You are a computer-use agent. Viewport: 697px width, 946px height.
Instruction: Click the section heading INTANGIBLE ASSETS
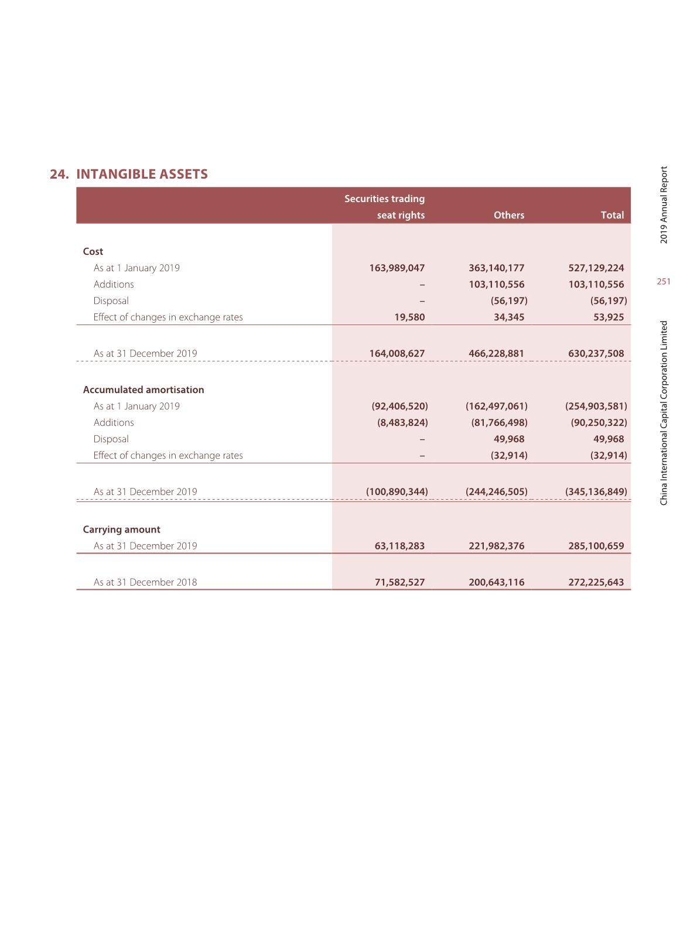tap(142, 174)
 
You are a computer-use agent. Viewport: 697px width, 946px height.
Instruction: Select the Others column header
tap(508, 215)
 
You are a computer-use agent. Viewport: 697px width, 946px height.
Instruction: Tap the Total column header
tap(612, 215)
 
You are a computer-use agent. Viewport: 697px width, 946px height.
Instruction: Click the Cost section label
tap(93, 251)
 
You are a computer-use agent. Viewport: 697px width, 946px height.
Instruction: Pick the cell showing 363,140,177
tap(496, 268)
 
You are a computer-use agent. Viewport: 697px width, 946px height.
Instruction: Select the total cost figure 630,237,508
tap(596, 353)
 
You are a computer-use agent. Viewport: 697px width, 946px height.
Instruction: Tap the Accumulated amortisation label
tap(143, 390)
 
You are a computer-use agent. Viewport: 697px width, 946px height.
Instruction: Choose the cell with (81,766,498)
tap(499, 422)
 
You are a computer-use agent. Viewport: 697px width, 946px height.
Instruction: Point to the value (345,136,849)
tap(596, 491)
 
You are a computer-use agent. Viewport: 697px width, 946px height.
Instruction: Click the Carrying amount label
tap(121, 530)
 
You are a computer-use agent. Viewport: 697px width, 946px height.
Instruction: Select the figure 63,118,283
tap(399, 546)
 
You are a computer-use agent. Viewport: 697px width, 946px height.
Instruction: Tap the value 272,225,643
tap(596, 582)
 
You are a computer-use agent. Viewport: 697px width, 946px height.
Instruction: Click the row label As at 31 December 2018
tap(145, 582)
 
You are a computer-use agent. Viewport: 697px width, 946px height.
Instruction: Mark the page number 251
tap(664, 282)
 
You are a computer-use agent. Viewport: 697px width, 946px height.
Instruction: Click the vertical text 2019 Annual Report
tap(664, 205)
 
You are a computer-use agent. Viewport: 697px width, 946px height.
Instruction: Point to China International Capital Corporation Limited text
tap(664, 413)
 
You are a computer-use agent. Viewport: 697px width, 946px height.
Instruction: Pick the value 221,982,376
tap(496, 546)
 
